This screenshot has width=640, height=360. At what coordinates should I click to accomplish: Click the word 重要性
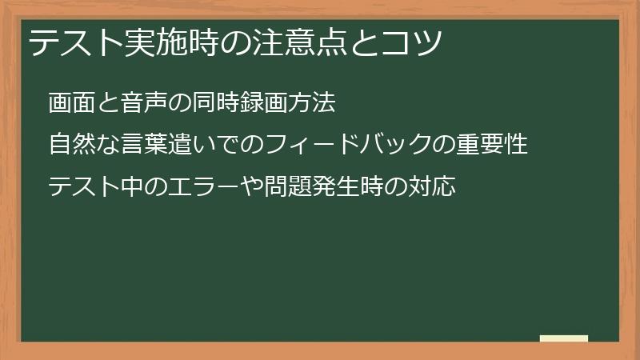coord(491,145)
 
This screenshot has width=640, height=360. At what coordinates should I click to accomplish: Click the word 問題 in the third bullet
coord(287,187)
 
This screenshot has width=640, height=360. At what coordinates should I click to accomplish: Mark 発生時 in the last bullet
coord(347,187)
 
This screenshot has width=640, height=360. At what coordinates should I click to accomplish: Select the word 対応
coord(432,187)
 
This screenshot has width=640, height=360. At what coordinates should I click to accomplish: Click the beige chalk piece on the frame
coord(564,338)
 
